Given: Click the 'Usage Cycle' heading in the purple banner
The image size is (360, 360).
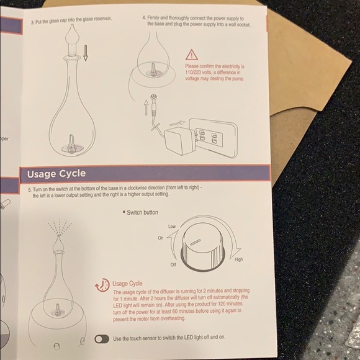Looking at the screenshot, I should click(56, 173).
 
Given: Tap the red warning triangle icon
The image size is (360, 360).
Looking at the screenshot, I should click(191, 55).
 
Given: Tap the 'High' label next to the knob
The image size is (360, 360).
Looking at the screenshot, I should click(238, 259).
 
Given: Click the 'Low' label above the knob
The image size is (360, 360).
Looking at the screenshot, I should click(172, 227).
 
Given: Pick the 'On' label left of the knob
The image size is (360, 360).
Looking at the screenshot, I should click(160, 238).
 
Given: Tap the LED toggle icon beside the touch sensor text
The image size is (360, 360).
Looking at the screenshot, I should click(102, 339).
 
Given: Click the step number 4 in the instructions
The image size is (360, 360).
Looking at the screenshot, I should click(144, 18).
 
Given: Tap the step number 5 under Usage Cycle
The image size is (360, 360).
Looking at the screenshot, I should click(29, 189).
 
